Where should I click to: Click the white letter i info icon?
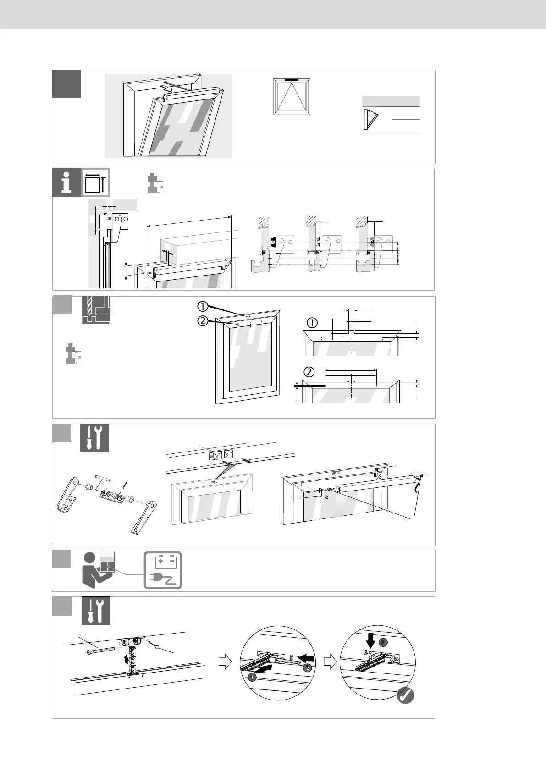[x=67, y=182]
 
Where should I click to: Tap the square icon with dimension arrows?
[x=95, y=182]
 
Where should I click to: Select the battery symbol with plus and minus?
[x=163, y=562]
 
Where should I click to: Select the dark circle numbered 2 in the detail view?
[x=308, y=667]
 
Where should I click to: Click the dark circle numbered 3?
[x=383, y=642]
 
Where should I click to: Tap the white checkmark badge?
[x=405, y=695]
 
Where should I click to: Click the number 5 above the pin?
[x=292, y=657]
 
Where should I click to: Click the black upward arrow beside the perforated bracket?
[x=127, y=659]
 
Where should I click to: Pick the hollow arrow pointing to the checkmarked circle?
[x=330, y=662]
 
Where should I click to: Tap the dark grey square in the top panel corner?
[x=66, y=84]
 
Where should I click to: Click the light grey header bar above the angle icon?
[x=391, y=101]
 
